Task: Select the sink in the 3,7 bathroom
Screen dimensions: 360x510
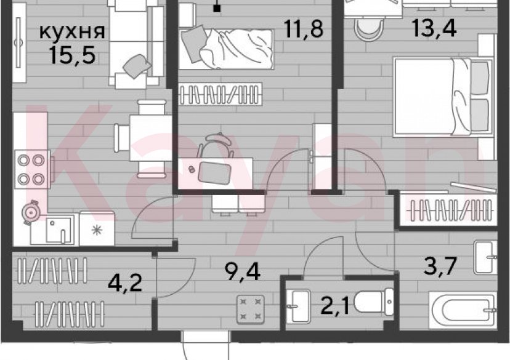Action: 486,257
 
